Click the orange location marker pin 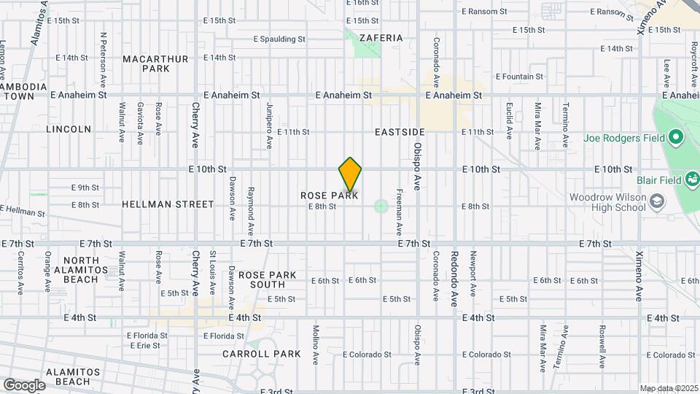(x=350, y=174)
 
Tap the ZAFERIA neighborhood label (x=381, y=37)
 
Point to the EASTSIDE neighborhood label (x=400, y=132)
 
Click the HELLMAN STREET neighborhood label (x=168, y=205)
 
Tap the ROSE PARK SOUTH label (x=268, y=279)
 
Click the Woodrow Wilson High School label (x=607, y=202)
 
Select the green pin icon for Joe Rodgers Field (x=676, y=137)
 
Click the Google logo (x=24, y=385)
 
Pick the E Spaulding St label (x=279, y=39)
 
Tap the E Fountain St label (x=519, y=76)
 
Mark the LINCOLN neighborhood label (x=69, y=129)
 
